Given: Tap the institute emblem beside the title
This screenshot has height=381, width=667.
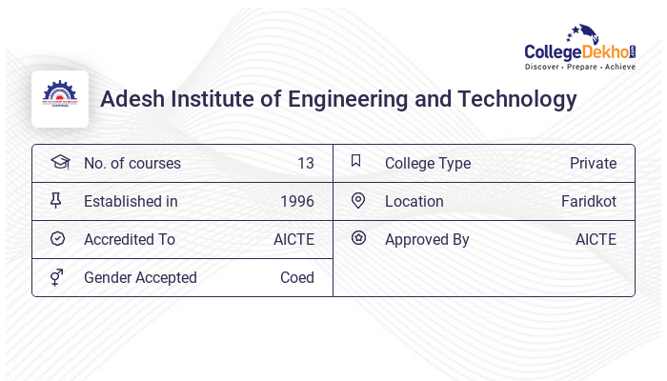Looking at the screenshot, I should coord(60,99).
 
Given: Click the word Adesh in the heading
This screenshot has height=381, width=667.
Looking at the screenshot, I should coord(131,99).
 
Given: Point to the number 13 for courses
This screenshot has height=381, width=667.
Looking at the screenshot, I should coord(305,163).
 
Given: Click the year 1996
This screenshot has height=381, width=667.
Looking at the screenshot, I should coord(297,201).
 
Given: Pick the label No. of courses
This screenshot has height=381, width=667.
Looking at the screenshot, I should coord(131,163).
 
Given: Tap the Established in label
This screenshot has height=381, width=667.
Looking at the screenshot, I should coord(131,201).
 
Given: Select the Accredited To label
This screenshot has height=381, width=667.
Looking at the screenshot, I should coord(130,239).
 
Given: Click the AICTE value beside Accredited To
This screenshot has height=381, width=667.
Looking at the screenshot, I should coord(293,239).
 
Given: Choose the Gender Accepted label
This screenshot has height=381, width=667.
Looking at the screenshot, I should coord(140,277).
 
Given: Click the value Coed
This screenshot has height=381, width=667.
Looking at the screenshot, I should coord(296,277).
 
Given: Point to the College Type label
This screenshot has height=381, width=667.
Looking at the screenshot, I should coord(428,163).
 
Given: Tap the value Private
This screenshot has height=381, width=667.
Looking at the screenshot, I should coord(593,163).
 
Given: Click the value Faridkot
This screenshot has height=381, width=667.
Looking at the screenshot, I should coord(589,201).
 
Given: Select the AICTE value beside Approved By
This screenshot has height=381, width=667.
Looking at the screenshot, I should coord(596,239).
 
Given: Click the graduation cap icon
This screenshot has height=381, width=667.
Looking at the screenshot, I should coord(60,162).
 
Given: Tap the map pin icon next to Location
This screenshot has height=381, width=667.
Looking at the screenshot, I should coord(358,200).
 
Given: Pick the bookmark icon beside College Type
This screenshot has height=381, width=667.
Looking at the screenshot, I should coord(355,161).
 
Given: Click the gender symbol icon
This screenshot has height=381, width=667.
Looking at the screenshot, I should coord(57,277).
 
